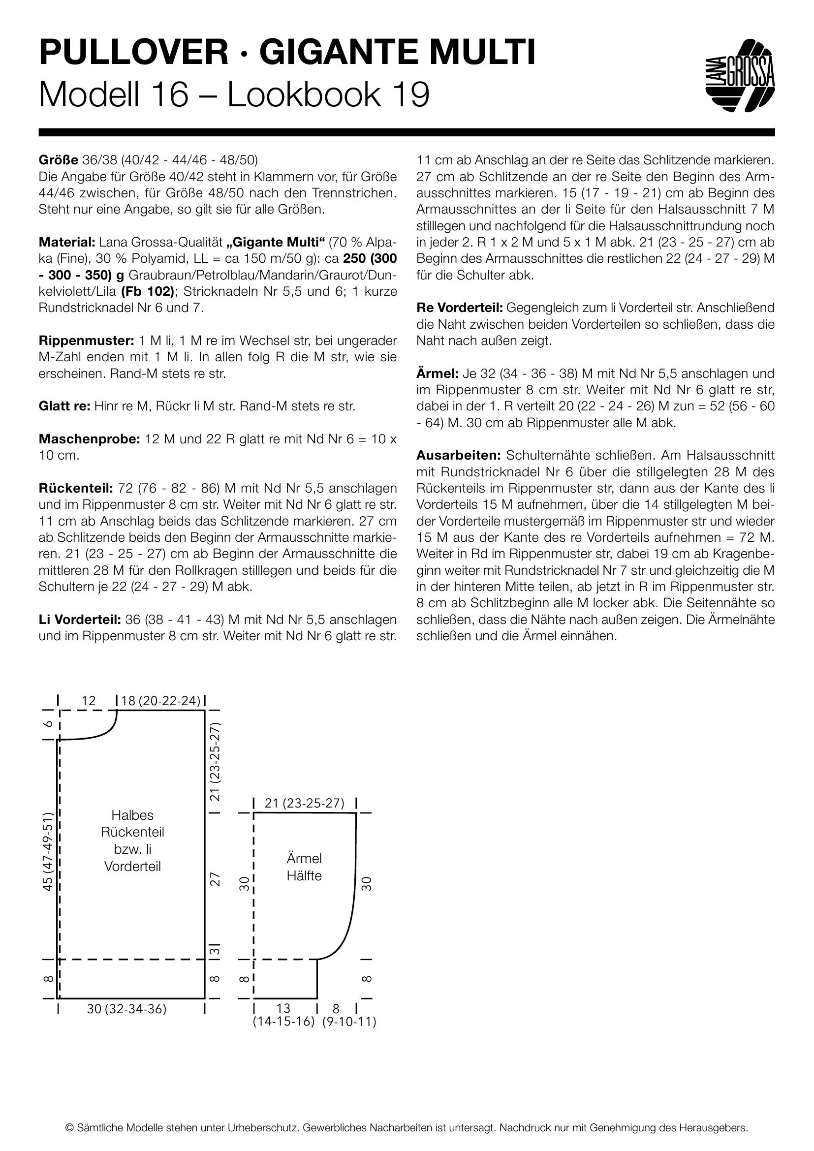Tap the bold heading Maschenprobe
[89, 439]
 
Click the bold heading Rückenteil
[75, 488]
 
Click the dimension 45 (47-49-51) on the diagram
[48, 852]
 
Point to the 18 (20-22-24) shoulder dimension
[160, 701]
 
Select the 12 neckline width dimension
[88, 701]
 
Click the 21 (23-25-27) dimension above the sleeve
[304, 803]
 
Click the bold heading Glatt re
[63, 406]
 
